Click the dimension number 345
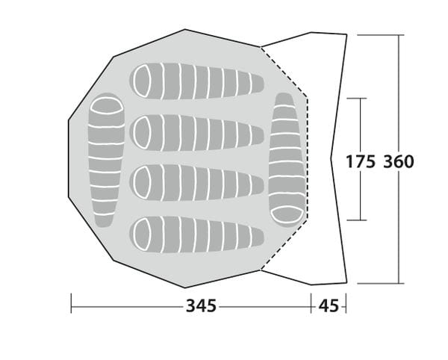pyautogui.click(x=201, y=306)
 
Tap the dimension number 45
pyautogui.click(x=329, y=306)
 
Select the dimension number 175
pyautogui.click(x=361, y=162)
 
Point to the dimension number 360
pyautogui.click(x=399, y=162)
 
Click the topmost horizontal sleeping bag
pyautogui.click(x=196, y=81)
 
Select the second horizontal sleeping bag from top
pyautogui.click(x=196, y=133)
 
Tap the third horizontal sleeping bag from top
pyautogui.click(x=196, y=183)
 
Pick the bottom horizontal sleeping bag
pyautogui.click(x=196, y=235)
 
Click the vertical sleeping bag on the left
pyautogui.click(x=106, y=160)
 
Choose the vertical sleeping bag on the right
pyautogui.click(x=287, y=160)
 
